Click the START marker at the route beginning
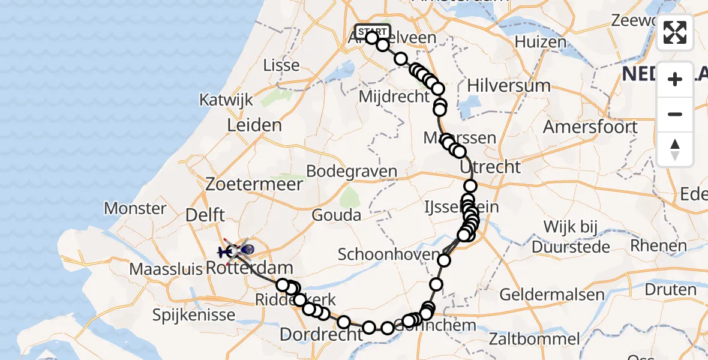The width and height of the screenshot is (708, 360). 372,31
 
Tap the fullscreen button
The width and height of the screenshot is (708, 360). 675,32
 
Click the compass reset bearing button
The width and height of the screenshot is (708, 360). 675,149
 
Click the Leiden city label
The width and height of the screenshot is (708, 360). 254,125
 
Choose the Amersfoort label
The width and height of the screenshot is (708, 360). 590,127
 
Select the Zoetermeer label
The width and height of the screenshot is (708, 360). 254,184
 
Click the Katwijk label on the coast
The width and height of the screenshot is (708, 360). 227,100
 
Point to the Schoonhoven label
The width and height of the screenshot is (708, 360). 389,254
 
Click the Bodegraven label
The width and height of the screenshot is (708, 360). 351,171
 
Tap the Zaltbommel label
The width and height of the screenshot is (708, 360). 535,338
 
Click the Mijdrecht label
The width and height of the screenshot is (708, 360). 395,96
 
